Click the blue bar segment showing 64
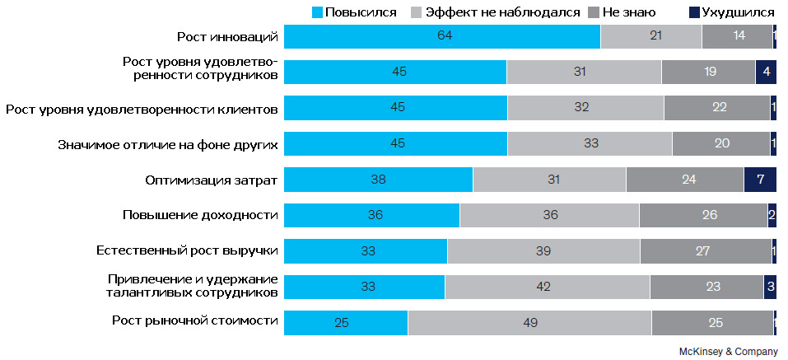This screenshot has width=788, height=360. tap(442, 36)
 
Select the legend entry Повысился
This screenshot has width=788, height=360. tap(354, 12)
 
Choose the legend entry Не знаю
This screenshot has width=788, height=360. tap(622, 12)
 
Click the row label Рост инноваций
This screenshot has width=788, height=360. tap(227, 36)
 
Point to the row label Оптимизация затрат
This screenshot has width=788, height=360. tap(211, 179)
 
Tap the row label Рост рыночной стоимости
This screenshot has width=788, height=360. tap(194, 320)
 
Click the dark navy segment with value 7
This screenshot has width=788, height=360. tap(760, 180)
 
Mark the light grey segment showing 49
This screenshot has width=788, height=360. tap(529, 322)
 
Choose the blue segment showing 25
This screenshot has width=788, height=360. tap(346, 322)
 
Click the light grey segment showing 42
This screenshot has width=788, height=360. tap(547, 287)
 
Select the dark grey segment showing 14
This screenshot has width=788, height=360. tap(737, 36)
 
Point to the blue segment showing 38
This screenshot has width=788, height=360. tap(378, 180)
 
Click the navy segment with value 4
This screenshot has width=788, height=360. tap(766, 72)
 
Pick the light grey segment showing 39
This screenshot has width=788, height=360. tap(543, 251)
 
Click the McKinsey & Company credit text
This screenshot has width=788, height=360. tap(728, 351)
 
